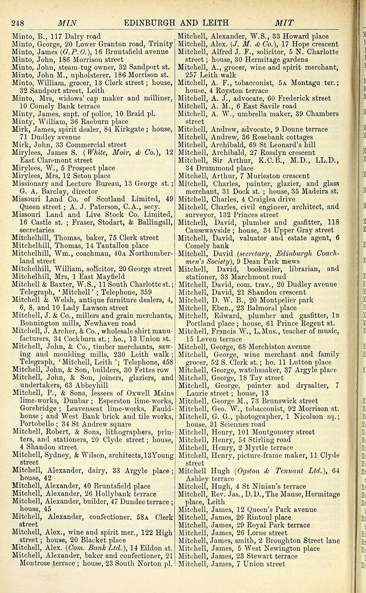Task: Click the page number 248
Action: pos(18,23)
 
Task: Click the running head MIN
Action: pos(67,23)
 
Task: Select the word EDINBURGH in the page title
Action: pos(151,23)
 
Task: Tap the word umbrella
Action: pos(253,114)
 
